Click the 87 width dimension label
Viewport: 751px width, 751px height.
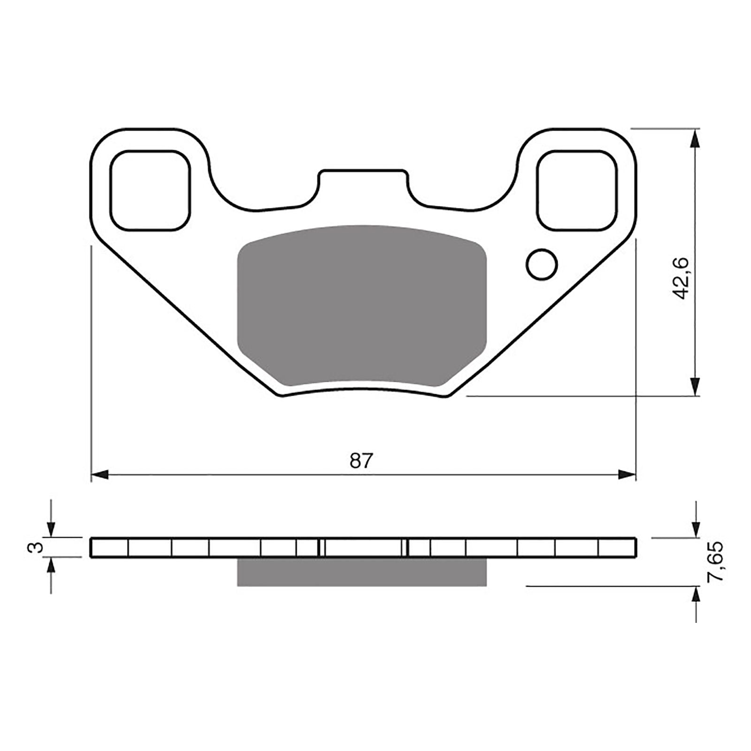360,460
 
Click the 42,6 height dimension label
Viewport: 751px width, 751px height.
681,278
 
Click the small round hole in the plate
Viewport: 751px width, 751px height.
542,265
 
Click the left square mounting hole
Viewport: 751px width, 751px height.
150,190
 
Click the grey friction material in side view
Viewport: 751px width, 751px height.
361,572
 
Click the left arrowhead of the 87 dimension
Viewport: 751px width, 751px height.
100,475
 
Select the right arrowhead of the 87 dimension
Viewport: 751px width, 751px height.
627,475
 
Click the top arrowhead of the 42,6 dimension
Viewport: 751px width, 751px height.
695,138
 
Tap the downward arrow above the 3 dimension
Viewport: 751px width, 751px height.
51,528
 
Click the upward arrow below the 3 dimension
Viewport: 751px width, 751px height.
51,567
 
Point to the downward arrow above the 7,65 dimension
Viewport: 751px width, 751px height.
695,529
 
